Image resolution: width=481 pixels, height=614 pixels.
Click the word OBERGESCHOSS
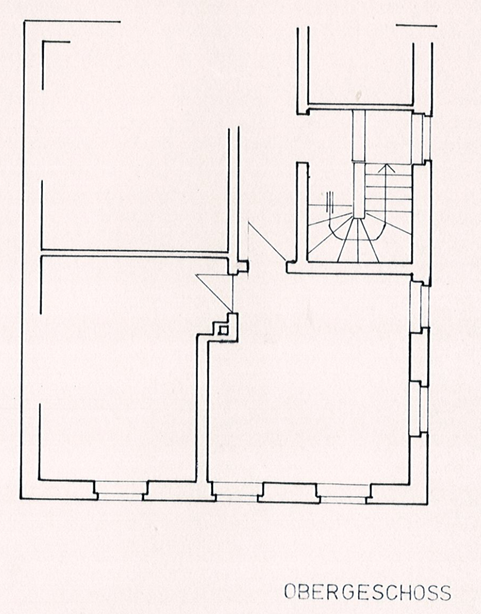(367, 593)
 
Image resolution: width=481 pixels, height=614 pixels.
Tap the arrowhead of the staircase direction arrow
(388, 168)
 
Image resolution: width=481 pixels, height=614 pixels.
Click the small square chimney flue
(223, 330)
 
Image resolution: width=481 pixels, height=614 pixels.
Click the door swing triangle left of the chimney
(215, 292)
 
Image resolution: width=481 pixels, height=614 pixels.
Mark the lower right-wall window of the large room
(419, 410)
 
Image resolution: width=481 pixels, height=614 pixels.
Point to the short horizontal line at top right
(417, 26)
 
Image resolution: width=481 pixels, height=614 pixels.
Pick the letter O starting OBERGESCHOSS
(290, 593)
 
